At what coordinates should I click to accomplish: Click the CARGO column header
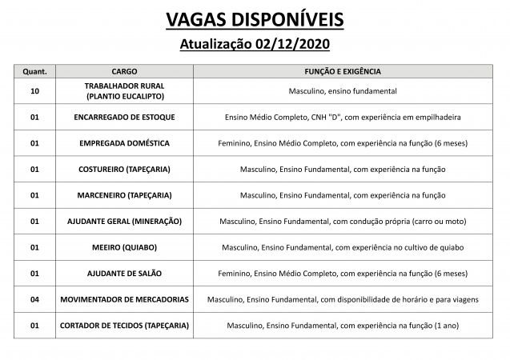click(x=124, y=71)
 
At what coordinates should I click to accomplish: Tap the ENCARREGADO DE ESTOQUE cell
click(x=124, y=117)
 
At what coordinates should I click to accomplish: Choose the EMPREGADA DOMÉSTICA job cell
click(x=124, y=143)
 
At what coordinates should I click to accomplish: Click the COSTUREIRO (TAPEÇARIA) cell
click(x=124, y=169)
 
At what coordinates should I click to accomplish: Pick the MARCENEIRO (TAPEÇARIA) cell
click(x=124, y=195)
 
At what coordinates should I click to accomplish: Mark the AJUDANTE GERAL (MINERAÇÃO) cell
click(x=124, y=221)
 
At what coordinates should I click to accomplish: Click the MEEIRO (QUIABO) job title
click(x=124, y=247)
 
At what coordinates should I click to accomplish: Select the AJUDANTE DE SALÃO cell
click(x=124, y=273)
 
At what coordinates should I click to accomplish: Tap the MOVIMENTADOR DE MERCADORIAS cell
click(x=124, y=299)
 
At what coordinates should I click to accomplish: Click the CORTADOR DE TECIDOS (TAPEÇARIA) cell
click(x=124, y=326)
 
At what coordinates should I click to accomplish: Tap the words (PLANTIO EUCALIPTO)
click(x=124, y=96)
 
